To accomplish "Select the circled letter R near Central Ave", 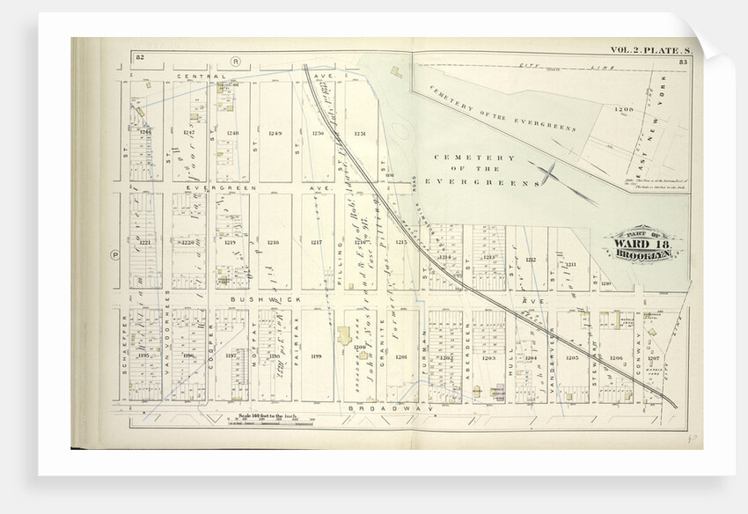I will coord(235,62).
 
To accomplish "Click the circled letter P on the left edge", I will coord(114,256).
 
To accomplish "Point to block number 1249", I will coord(275,133).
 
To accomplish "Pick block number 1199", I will coord(316,356).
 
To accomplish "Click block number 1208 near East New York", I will coord(624,110).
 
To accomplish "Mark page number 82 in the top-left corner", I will coord(139,57).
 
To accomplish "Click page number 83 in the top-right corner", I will coord(694,60).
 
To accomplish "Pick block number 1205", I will coord(572,358).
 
